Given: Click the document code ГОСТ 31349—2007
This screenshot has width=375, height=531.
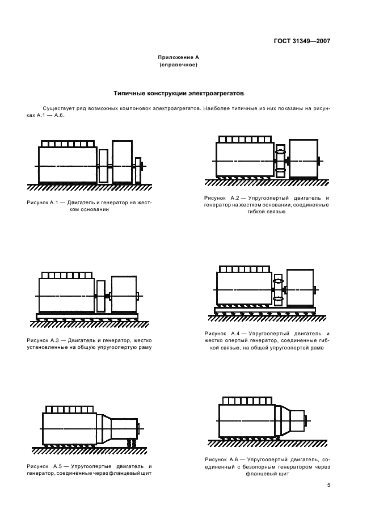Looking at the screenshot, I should point(302,41).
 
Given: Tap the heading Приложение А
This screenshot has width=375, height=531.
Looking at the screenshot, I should point(178,57).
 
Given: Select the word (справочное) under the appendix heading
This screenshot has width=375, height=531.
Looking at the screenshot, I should point(178,65).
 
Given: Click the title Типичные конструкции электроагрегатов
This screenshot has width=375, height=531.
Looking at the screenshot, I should point(178,92).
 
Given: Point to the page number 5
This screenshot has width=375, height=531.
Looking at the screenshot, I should point(328,484).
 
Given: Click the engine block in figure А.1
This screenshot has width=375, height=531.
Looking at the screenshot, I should point(67,165).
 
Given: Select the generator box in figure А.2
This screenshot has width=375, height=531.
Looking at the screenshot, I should point(303,159).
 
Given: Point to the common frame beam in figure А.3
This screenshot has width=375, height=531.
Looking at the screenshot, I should point(86,315).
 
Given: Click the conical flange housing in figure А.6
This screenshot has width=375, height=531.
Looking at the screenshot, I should point(283,420).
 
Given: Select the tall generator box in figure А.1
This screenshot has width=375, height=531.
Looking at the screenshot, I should point(122,162).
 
